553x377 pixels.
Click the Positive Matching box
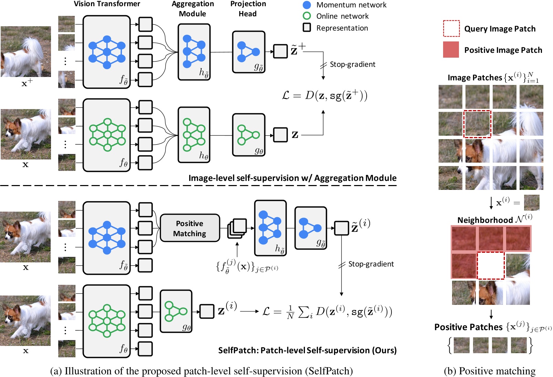pos(190,228)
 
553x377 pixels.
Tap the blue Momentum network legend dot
pos(307,5)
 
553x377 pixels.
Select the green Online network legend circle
pos(307,16)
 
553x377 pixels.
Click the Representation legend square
pos(307,28)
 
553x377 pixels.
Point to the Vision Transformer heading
pos(107,4)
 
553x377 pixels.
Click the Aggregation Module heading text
pos(193,9)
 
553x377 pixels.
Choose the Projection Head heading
pos(248,9)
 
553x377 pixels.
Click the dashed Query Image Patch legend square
pos(451,28)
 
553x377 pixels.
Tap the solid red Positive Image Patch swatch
pos(451,49)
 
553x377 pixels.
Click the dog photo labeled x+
pos(26,52)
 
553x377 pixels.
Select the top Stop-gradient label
pos(352,64)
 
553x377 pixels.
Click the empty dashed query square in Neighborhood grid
pos(491,265)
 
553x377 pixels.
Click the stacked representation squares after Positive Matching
pos(237,228)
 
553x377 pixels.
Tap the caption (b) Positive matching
pos(490,371)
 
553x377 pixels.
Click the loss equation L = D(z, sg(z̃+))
pos(325,95)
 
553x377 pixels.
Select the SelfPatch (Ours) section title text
pos(307,350)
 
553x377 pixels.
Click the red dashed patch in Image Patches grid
pos(477,124)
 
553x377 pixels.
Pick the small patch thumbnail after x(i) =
pos(532,203)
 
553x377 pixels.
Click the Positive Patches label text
pos(468,327)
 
